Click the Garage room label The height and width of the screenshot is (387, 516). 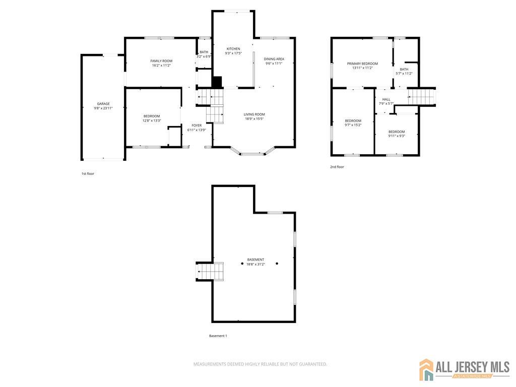(x=103, y=104)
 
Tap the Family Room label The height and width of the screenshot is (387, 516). (x=161, y=61)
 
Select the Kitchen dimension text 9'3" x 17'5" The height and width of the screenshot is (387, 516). (x=233, y=53)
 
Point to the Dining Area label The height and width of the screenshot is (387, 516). (x=274, y=59)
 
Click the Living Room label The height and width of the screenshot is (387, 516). (x=254, y=114)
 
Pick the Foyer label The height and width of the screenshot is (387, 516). (x=197, y=125)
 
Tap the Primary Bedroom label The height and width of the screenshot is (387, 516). (x=362, y=63)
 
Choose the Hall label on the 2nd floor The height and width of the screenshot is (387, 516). (x=386, y=99)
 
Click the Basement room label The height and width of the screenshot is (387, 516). (x=255, y=260)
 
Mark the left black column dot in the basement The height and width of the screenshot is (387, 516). (x=242, y=264)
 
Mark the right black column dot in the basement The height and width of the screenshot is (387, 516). (x=277, y=264)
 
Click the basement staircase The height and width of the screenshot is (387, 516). (x=210, y=272)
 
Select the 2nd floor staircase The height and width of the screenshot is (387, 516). (x=422, y=97)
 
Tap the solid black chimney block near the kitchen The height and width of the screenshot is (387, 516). (x=217, y=82)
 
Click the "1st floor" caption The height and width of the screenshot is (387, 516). (x=88, y=173)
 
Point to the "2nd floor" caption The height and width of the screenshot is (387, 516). (x=337, y=167)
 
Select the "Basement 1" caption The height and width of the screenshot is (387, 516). (x=218, y=336)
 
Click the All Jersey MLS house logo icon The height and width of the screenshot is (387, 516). (x=426, y=369)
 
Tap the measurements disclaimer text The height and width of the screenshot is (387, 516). (x=260, y=364)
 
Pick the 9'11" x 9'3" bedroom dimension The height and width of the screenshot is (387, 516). (x=397, y=136)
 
